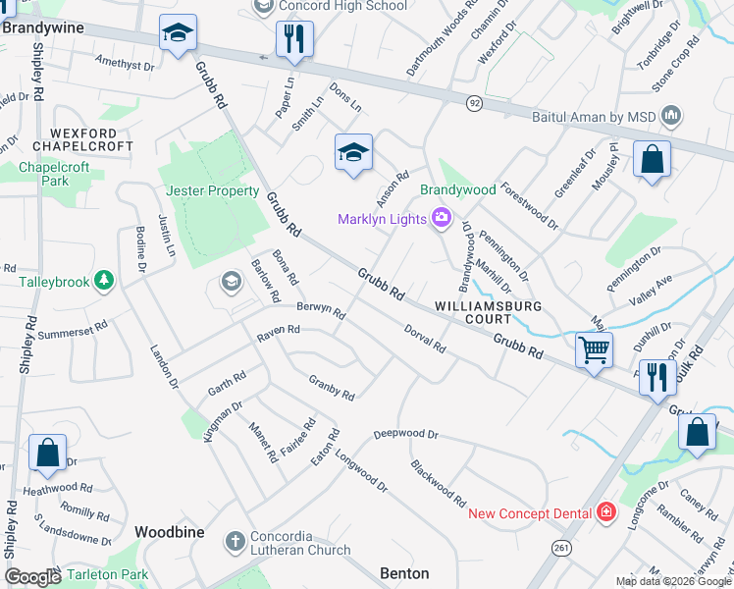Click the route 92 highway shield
tap(474, 102)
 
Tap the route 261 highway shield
tap(560, 547)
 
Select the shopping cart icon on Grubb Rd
tap(594, 349)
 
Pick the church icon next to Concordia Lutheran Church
tap(235, 541)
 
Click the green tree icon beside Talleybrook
tap(104, 282)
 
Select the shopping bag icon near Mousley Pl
tap(652, 158)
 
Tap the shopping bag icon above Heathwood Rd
tap(47, 453)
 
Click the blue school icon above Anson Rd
tap(353, 152)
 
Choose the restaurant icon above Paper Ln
tap(293, 39)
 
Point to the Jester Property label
tap(213, 191)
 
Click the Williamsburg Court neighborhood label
tap(474, 312)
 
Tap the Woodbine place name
tap(170, 531)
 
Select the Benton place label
tap(403, 573)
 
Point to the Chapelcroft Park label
tap(54, 174)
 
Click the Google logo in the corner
tap(32, 577)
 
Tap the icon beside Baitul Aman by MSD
tap(672, 117)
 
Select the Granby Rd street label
tap(332, 386)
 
